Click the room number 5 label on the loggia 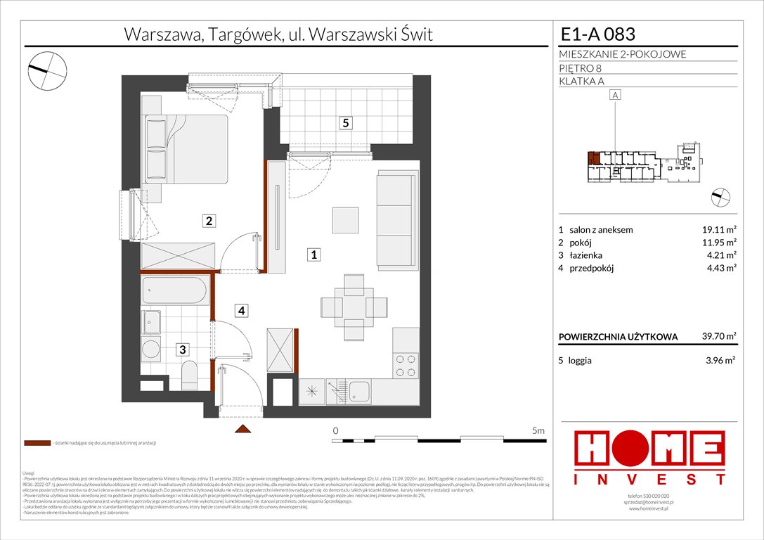[345, 123]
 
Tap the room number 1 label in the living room [316, 255]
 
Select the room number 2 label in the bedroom [209, 221]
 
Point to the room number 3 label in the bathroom [181, 349]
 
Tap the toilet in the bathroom [190, 374]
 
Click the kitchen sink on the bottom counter [360, 391]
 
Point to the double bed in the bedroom [186, 149]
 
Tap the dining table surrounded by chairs [354, 307]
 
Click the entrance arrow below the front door [242, 429]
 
